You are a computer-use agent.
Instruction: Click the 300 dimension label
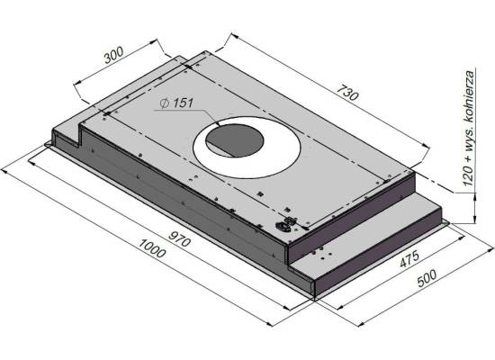pos(114,55)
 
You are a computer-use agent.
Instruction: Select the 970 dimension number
pos(179,238)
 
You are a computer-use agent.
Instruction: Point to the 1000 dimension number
pos(152,248)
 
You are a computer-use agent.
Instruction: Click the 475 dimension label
pos(409,259)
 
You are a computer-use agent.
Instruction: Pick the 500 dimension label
pos(427,278)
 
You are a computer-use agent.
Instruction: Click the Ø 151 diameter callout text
pos(176,103)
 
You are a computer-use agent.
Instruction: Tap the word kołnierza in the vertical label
pos(470,96)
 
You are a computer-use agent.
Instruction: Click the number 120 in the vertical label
pos(470,175)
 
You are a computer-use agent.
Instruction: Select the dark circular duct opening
pos(234,140)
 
